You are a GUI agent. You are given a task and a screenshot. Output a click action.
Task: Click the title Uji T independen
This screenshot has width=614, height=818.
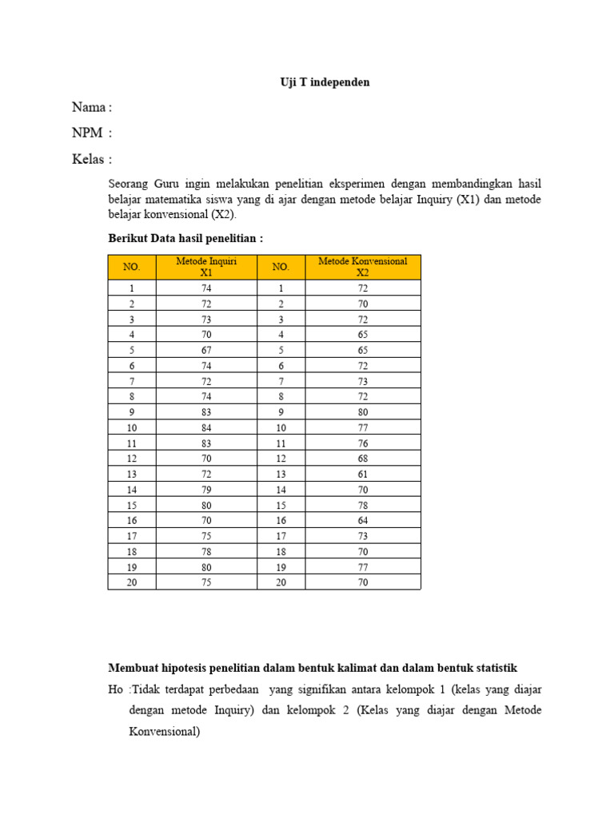point(325,82)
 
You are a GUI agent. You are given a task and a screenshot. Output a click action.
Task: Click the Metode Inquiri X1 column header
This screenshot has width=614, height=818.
point(206,267)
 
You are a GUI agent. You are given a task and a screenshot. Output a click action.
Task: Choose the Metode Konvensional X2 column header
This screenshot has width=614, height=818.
point(362,267)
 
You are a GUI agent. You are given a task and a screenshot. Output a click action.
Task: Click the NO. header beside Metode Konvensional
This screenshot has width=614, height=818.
point(281,267)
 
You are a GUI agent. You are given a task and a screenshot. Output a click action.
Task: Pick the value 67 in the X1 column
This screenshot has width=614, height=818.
point(206,349)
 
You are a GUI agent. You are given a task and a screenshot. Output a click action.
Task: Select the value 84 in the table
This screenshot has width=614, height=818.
point(206,427)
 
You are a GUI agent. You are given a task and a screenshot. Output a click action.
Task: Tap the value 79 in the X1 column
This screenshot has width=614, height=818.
point(206,489)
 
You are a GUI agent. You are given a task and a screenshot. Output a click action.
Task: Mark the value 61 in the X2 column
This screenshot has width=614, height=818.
point(363,474)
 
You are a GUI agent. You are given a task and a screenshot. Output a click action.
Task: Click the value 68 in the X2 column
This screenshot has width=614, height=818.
point(363,458)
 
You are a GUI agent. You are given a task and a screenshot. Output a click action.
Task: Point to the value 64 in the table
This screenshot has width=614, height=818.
point(363,520)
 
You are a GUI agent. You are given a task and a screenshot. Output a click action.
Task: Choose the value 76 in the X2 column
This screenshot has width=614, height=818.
point(363,443)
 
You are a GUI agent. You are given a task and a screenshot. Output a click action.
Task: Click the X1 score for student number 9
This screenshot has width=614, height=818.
point(206,411)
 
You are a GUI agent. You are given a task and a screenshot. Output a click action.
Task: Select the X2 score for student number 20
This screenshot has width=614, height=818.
point(363,582)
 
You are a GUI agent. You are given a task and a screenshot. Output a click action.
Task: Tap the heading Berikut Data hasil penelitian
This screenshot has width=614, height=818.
point(185,238)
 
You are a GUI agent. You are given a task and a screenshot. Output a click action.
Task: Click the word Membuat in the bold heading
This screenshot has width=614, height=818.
point(132,668)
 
